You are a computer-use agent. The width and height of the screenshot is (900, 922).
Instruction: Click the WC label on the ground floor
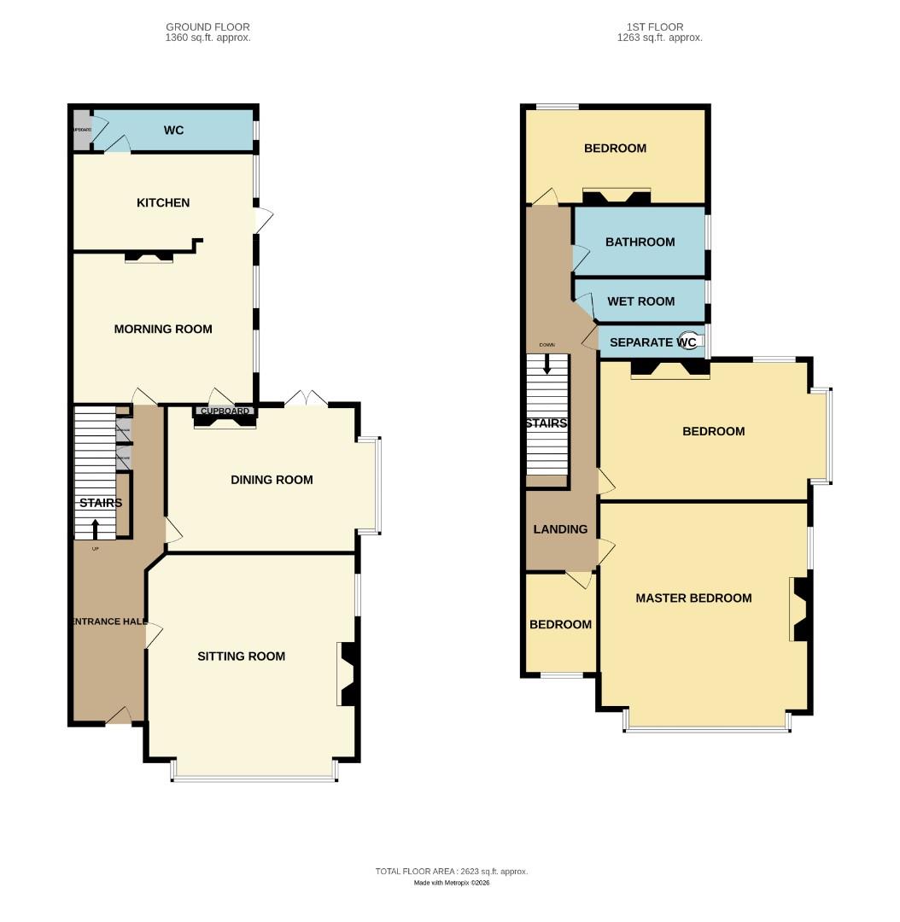tap(173, 131)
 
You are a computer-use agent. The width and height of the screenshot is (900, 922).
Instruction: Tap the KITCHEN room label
tap(163, 203)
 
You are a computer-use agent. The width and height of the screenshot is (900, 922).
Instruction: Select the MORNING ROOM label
tap(163, 330)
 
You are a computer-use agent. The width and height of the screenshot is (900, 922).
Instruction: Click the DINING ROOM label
tap(272, 480)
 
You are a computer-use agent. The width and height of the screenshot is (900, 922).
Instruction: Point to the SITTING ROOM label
tap(241, 656)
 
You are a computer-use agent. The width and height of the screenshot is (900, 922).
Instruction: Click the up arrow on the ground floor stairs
tap(95, 528)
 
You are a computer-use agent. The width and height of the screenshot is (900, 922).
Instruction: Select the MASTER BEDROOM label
tap(693, 598)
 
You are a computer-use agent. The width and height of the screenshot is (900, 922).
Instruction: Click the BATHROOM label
tap(640, 242)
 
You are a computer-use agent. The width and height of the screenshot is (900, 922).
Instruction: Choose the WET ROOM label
tap(640, 301)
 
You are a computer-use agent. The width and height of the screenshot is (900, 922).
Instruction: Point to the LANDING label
tap(560, 529)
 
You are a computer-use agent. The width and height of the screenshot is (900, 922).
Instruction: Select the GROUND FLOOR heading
tap(207, 27)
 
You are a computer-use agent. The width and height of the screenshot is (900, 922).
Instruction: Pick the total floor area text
tap(451, 872)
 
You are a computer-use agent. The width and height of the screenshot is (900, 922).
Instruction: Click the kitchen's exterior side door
tap(264, 219)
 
